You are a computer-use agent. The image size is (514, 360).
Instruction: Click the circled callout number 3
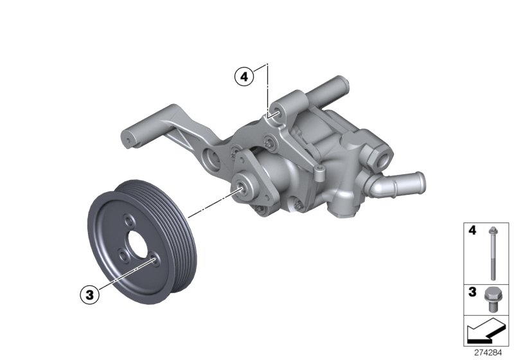coord(89,295)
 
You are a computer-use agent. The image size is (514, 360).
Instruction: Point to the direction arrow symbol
coord(486,333)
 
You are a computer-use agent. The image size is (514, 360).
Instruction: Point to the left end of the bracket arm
coord(128,138)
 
